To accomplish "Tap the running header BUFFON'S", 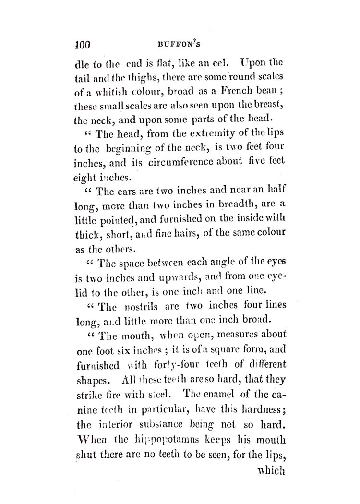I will pos(179,46).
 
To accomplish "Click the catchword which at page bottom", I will pos(272,470).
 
